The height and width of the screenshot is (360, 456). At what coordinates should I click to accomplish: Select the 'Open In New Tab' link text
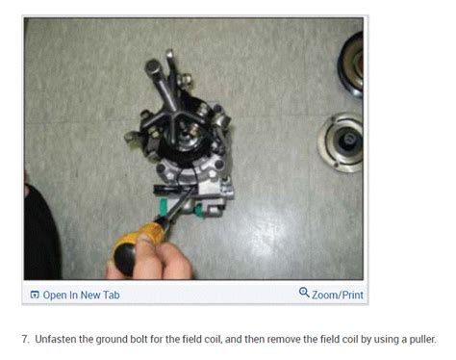pyautogui.click(x=82, y=295)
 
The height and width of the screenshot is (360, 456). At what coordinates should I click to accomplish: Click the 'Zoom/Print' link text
pyautogui.click(x=338, y=295)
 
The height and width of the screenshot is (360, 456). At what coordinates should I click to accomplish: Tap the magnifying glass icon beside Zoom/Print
pyautogui.click(x=304, y=293)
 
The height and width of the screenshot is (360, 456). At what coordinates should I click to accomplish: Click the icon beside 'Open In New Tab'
pyautogui.click(x=35, y=295)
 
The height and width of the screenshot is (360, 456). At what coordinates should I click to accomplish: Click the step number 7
pyautogui.click(x=25, y=338)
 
